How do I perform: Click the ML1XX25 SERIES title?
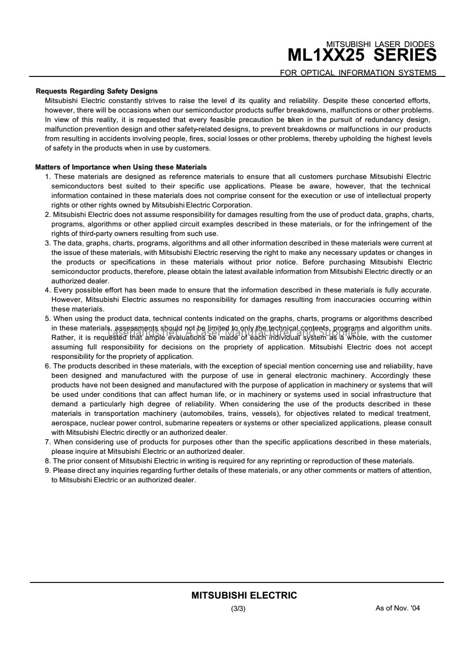(362, 56)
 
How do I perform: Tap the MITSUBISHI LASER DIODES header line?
(380, 45)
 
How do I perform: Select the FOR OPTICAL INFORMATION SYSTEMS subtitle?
(358, 73)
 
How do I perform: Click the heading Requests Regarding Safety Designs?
(97, 91)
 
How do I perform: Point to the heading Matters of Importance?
(121, 167)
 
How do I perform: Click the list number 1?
(47, 177)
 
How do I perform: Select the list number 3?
(47, 243)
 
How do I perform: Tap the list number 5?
(47, 319)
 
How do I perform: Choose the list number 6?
(47, 366)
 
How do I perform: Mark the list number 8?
(47, 461)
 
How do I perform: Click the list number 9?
(47, 470)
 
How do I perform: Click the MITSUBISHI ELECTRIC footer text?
(244, 595)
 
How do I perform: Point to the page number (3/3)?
(238, 609)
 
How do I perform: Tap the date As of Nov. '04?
(397, 608)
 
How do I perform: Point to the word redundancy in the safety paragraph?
(382, 120)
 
